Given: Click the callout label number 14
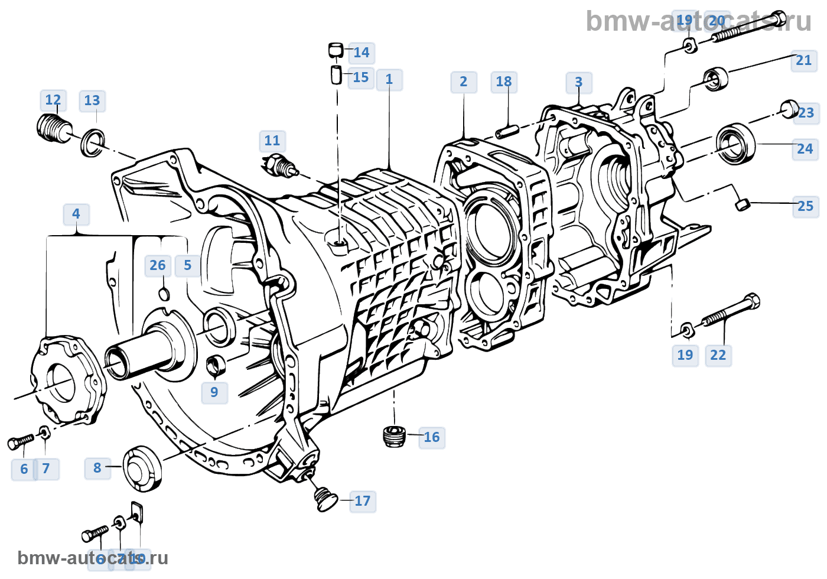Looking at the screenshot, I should pyautogui.click(x=361, y=53).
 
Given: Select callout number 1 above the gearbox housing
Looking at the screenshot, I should pyautogui.click(x=389, y=79).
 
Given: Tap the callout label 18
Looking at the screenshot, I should pyautogui.click(x=504, y=82).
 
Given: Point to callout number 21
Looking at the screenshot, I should pyautogui.click(x=803, y=60).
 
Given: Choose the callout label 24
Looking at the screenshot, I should pyautogui.click(x=805, y=149).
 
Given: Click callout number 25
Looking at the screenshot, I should pyautogui.click(x=805, y=206).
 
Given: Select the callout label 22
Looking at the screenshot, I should pyautogui.click(x=718, y=355).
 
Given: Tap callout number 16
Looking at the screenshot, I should pyautogui.click(x=431, y=437).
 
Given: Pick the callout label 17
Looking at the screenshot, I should pyautogui.click(x=362, y=501).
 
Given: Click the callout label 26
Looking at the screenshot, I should pyautogui.click(x=158, y=265).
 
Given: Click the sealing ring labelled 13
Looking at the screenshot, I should pyautogui.click(x=93, y=142).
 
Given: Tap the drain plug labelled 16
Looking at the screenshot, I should pyautogui.click(x=393, y=436).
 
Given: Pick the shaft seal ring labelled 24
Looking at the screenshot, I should pyautogui.click(x=735, y=144).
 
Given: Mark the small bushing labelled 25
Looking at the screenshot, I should pyautogui.click(x=743, y=204).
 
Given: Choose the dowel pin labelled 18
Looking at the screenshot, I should pyautogui.click(x=507, y=131).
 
